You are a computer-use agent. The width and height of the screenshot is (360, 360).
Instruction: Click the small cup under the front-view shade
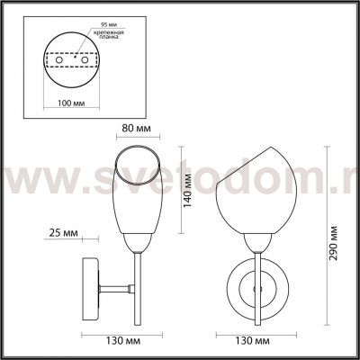pos(257,242)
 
